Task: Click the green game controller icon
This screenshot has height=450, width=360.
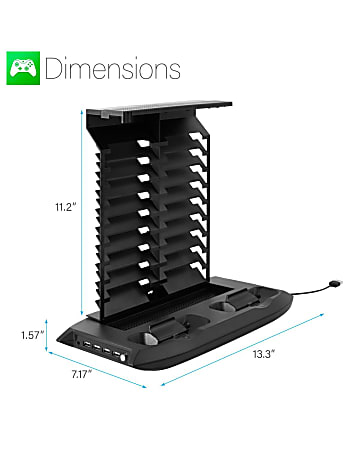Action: click(x=23, y=69)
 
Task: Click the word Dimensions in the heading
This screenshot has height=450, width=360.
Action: click(x=113, y=69)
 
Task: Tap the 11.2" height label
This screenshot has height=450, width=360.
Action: click(x=67, y=208)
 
